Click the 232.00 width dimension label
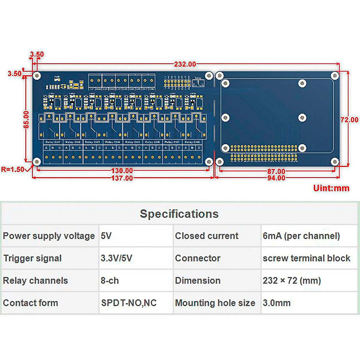[x=185, y=64]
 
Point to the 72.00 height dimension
[x=349, y=120]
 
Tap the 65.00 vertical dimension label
[x=26, y=120]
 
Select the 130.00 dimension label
[x=122, y=171]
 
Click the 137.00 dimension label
[x=122, y=178]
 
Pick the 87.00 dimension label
[x=276, y=171]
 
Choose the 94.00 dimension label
[x=276, y=178]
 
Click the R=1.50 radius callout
[x=13, y=169]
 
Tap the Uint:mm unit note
[x=331, y=188]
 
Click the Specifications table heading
[x=179, y=214]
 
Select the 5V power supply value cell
[x=106, y=236]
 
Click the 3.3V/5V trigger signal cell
[x=116, y=258]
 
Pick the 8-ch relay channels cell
[x=110, y=280]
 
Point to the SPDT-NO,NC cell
[x=129, y=303]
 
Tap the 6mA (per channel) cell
[x=301, y=236]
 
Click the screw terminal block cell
[x=306, y=258]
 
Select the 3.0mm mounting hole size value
[x=277, y=303]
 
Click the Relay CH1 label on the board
[x=53, y=142]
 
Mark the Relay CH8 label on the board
[x=192, y=142]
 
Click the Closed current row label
[x=207, y=236]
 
